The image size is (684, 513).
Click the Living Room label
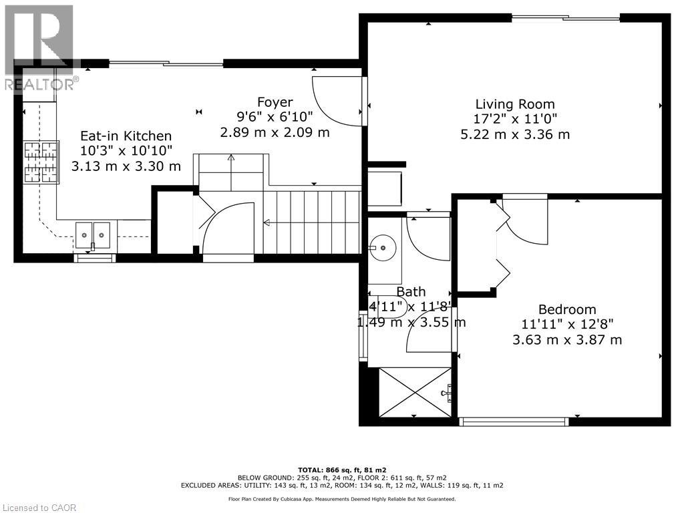coord(515,104)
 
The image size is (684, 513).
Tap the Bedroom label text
coord(567,309)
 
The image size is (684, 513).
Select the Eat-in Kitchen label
coord(126,136)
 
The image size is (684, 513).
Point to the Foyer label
coord(275,102)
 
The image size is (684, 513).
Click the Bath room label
coord(411,291)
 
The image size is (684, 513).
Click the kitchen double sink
coord(93,236)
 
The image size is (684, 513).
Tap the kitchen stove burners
coord(41,162)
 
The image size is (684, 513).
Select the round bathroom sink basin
coord(383,248)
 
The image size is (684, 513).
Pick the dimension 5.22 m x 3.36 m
coord(515,134)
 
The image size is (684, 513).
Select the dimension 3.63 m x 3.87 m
coord(567,339)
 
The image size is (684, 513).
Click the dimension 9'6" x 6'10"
coord(275,116)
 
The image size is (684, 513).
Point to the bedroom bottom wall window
coord(514,421)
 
